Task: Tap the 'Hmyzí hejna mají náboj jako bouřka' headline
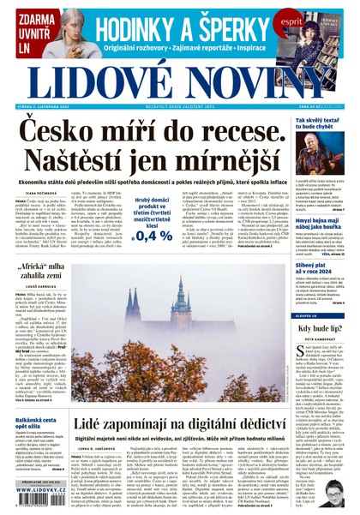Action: point(321,223)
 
